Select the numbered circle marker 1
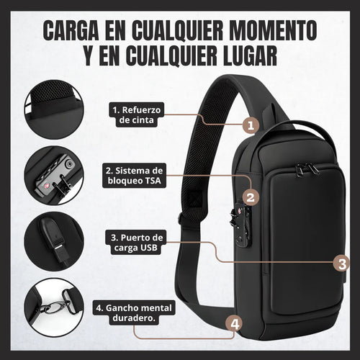[x=250, y=125]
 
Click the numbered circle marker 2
[x=250, y=196]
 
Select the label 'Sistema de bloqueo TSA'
[x=134, y=176]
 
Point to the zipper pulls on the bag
[x=307, y=170]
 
